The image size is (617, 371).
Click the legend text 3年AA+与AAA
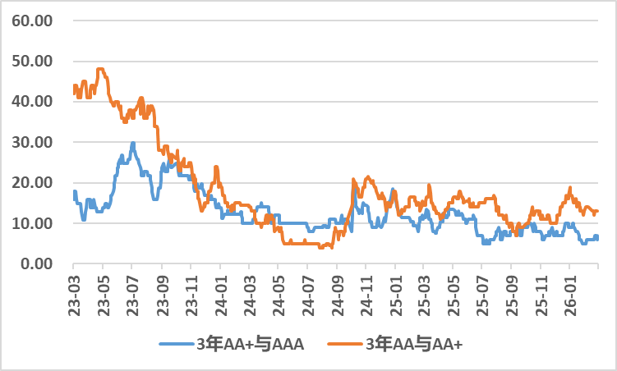pyautogui.click(x=251, y=344)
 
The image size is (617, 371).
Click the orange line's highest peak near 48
pyautogui.click(x=100, y=69)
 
